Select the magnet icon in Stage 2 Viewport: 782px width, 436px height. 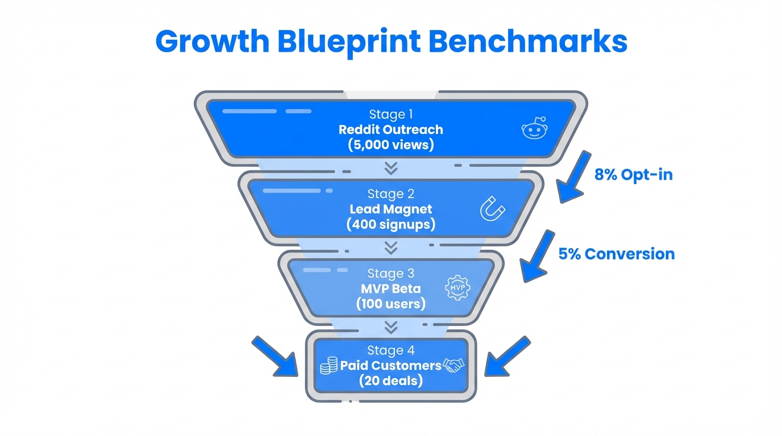(x=492, y=208)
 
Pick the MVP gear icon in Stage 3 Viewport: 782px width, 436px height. (x=458, y=287)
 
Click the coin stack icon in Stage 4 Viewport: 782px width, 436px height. (x=328, y=366)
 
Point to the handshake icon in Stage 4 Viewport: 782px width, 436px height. (x=454, y=365)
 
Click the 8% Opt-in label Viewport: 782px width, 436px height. (x=633, y=174)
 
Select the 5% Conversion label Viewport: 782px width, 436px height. (x=617, y=253)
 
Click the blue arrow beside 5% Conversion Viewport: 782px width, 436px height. (x=537, y=255)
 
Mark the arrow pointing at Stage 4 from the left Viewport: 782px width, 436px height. (x=276, y=356)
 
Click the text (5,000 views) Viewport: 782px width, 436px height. (x=390, y=145)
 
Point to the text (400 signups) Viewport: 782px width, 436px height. (x=390, y=224)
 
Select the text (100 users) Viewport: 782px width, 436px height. (x=390, y=304)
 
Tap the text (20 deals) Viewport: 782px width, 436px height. (x=390, y=380)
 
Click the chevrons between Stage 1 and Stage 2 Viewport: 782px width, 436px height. (x=390, y=168)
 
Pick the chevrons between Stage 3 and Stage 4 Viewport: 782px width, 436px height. (x=390, y=327)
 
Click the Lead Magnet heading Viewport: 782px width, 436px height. (x=390, y=209)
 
